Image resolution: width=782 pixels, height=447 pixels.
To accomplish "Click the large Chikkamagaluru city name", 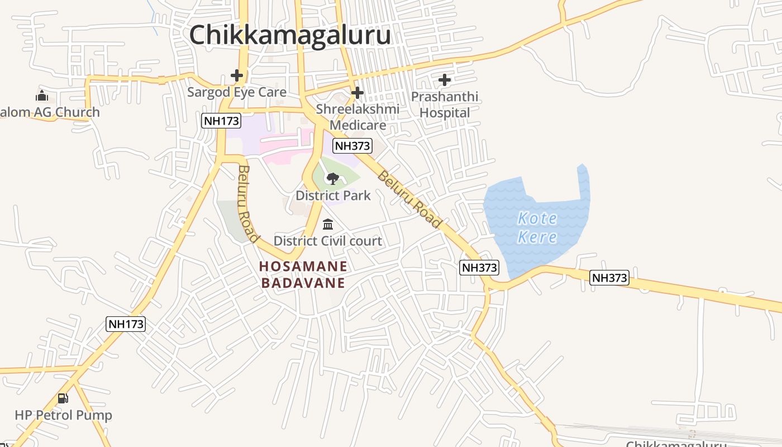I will [x=289, y=35].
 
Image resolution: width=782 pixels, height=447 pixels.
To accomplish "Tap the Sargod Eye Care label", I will [x=237, y=92].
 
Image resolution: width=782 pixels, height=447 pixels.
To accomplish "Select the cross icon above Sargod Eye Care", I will [x=237, y=75].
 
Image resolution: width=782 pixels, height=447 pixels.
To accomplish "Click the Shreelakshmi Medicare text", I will [x=357, y=117].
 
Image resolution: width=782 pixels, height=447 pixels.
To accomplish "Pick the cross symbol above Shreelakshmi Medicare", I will [x=357, y=92].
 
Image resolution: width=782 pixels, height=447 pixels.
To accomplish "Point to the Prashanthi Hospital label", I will [x=445, y=104].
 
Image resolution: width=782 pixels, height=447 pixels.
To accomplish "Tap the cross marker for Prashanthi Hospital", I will [x=445, y=80].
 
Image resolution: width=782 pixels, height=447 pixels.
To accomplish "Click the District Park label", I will [x=333, y=196].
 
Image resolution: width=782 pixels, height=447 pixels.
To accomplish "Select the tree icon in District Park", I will [x=333, y=179].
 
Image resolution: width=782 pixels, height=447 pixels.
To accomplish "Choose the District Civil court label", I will [x=328, y=241].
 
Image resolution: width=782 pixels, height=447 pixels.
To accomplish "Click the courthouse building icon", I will [x=328, y=225].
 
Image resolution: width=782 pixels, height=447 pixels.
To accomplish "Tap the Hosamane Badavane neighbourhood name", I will [x=303, y=274].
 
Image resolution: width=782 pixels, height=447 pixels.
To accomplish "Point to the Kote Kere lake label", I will [x=537, y=227].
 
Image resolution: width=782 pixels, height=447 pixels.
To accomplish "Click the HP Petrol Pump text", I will [x=63, y=415].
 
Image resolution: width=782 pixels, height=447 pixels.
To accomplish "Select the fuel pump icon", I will [x=63, y=398].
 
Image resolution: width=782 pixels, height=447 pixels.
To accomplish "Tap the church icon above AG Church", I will [x=42, y=96].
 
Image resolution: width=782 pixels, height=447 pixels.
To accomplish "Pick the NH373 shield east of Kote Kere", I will [x=609, y=278].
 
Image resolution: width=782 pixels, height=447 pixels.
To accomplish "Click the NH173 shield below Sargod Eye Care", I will [x=221, y=121].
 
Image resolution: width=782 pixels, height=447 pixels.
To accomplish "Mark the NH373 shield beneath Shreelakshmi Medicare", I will [x=352, y=146].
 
